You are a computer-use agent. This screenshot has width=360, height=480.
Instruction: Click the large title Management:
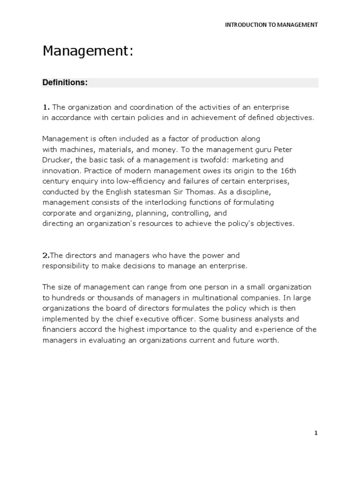coord(88,51)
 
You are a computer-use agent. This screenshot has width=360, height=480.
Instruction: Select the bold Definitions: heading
coord(65,82)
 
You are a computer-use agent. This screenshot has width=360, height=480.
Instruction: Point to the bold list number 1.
coord(46,107)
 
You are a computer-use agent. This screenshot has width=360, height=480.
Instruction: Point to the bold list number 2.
coord(45,255)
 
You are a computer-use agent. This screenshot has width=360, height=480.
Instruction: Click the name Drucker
coord(57,160)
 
